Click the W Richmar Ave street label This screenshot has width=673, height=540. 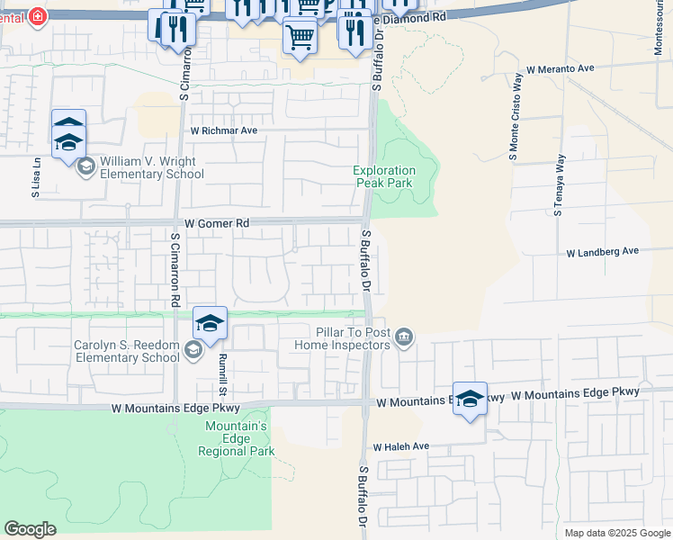click(224, 130)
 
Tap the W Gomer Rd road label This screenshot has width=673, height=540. click(217, 222)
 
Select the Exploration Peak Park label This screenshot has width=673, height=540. click(384, 176)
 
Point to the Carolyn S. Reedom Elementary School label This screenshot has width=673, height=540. click(127, 351)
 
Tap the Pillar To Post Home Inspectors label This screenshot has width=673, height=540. click(350, 338)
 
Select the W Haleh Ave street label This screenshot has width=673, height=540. click(401, 446)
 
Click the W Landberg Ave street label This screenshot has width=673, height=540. click(602, 252)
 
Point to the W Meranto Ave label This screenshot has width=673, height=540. click(561, 68)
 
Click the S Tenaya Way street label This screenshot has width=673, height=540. click(560, 185)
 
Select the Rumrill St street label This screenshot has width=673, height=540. click(220, 373)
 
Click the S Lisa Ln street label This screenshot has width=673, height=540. click(36, 177)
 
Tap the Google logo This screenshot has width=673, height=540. click(30, 529)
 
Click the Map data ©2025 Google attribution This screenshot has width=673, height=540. click(616, 533)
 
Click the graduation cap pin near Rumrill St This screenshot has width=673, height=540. click(210, 323)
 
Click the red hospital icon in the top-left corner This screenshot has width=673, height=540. click(37, 15)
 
